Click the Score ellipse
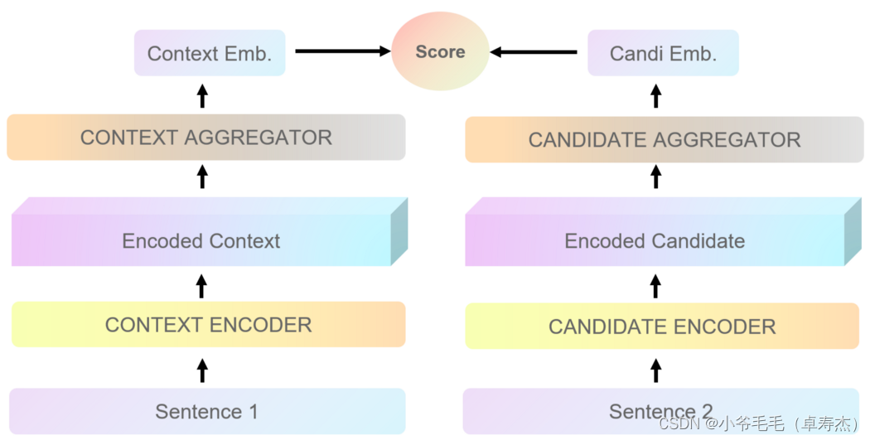(440, 51)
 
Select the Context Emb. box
(210, 54)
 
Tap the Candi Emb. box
(663, 54)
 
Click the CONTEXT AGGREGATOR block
(205, 138)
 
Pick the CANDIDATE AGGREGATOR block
(664, 139)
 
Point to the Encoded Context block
(201, 240)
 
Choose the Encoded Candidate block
(655, 240)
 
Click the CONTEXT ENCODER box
(208, 325)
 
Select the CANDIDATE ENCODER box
(662, 326)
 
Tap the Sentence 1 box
(207, 411)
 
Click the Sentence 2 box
(660, 411)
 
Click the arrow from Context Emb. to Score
(342, 51)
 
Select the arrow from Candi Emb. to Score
(534, 52)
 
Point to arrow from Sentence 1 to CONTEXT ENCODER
(201, 370)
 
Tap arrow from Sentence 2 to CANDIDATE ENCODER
(655, 370)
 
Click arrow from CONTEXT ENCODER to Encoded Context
(201, 286)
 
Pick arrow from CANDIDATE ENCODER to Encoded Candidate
(655, 286)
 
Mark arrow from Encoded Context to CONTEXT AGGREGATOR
(201, 176)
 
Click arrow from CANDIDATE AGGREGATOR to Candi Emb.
(655, 96)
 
